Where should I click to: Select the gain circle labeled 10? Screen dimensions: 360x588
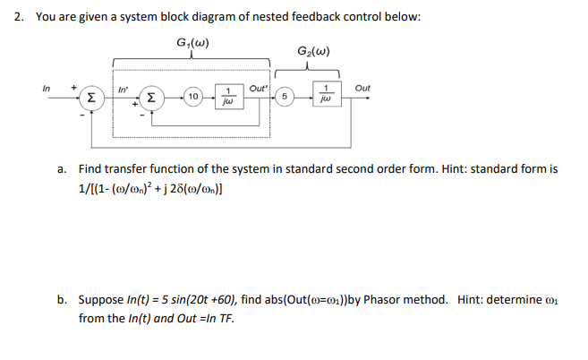(193, 97)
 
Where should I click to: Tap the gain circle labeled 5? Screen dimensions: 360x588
(284, 97)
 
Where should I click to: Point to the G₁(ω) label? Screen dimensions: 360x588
(194, 43)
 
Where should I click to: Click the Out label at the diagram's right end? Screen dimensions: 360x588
(362, 88)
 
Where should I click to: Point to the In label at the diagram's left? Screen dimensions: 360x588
(47, 88)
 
